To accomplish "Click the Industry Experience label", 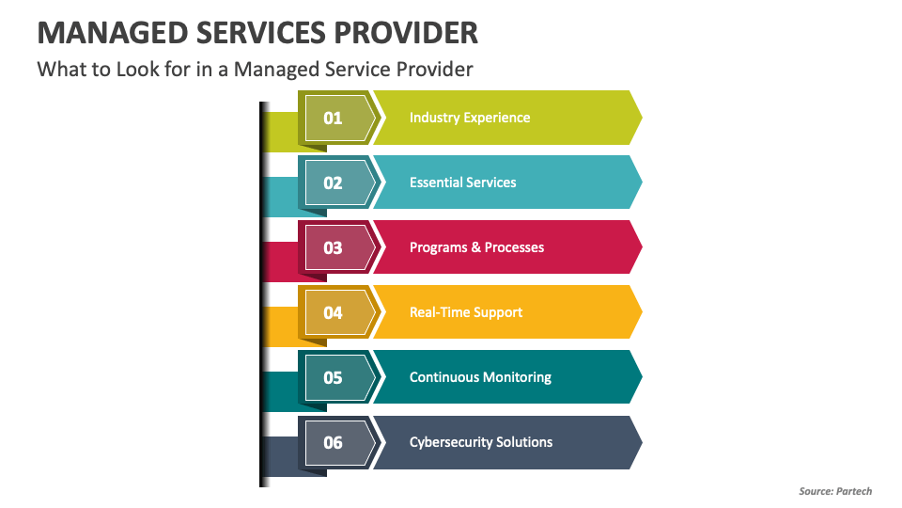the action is click(x=470, y=119).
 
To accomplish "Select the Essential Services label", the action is click(x=462, y=183).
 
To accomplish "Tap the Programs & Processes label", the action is click(x=476, y=247).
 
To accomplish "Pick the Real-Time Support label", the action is click(x=465, y=312).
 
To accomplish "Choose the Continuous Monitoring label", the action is click(x=480, y=378).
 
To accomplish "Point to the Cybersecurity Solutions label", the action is click(x=481, y=442).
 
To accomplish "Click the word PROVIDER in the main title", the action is click(x=406, y=33).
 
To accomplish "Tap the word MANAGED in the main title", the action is click(x=112, y=33).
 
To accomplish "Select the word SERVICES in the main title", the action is click(x=260, y=33).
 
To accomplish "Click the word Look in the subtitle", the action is click(x=137, y=69).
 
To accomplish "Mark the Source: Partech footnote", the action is click(x=835, y=491).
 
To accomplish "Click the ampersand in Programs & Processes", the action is click(x=475, y=247).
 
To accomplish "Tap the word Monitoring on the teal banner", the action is click(x=519, y=378).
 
